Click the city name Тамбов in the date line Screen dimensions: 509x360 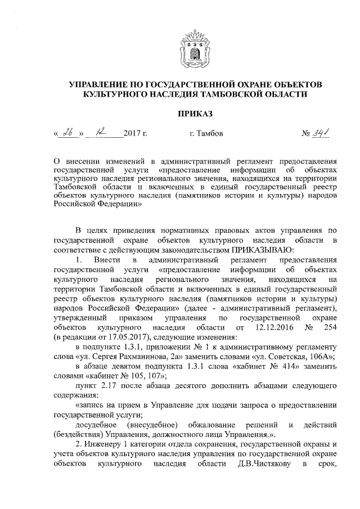pyautogui.click(x=210, y=135)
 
